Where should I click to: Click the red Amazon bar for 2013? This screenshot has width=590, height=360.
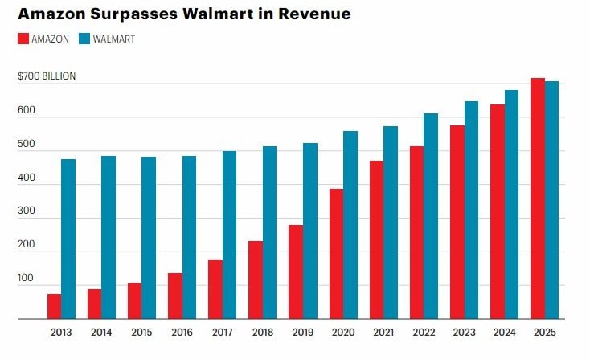pos(54,306)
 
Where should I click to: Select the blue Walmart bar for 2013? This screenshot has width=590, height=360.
pos(68,239)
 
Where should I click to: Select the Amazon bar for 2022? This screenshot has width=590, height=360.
pos(416,232)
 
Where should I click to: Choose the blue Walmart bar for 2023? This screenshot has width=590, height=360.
pos(471,210)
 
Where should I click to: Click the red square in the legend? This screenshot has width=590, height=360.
pos(23,39)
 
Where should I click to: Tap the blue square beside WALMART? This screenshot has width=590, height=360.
pos(86,39)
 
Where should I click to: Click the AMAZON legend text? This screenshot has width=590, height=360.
pos(51,39)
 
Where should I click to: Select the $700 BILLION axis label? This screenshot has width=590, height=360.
pos(47,76)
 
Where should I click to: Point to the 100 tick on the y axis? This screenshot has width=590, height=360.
pos(26,278)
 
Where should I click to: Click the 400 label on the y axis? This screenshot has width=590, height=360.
pos(26,178)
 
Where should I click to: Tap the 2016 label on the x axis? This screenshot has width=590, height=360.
pos(182,331)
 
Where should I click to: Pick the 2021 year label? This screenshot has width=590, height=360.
pos(383,331)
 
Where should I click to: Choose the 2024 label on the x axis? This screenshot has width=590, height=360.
pos(504,331)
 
